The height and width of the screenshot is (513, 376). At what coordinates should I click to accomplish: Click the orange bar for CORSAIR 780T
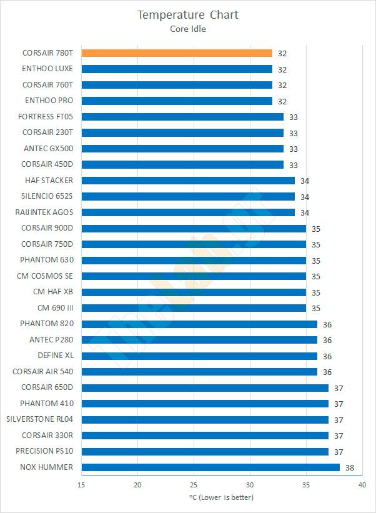tap(177, 53)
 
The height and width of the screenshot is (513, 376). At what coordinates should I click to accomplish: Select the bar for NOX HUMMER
tap(210, 467)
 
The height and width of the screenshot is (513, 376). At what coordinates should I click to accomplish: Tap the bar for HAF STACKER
tap(188, 181)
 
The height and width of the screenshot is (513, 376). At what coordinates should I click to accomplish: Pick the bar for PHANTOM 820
tap(199, 324)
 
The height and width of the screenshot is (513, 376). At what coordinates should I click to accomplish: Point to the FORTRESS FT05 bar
tap(182, 117)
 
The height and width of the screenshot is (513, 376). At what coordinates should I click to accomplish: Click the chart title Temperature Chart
tap(188, 15)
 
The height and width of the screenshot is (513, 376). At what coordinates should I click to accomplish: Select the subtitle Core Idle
tap(187, 28)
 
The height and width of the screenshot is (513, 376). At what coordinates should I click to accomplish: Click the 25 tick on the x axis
tap(194, 485)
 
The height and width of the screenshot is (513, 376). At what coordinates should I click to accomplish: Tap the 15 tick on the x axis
tap(82, 485)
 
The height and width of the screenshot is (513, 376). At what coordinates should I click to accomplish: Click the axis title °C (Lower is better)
tap(221, 497)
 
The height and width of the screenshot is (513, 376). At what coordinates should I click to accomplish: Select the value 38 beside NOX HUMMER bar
tap(350, 467)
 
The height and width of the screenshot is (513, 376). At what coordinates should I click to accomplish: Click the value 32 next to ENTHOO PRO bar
tap(282, 101)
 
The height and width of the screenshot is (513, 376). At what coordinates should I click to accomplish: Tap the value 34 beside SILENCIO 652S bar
tap(305, 197)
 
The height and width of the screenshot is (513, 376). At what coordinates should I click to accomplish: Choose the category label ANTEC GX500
tap(47, 149)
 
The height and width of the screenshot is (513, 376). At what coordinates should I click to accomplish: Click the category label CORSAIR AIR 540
tap(42, 372)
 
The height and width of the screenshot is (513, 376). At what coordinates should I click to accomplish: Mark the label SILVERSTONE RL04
tap(39, 419)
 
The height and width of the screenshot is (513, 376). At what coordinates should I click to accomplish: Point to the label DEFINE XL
tap(56, 356)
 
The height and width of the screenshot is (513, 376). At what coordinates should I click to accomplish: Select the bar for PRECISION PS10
tap(205, 451)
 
